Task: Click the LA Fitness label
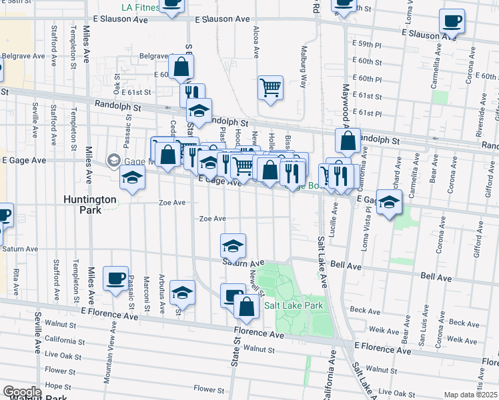point(141,7)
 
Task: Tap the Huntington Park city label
point(90,204)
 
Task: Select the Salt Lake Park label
point(294,305)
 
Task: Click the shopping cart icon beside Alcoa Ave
point(270,87)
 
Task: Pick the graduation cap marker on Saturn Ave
point(233,246)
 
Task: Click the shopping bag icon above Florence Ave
point(247,307)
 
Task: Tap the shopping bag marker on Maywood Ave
point(348,141)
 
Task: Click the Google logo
point(22,393)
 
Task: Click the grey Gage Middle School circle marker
point(114,161)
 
